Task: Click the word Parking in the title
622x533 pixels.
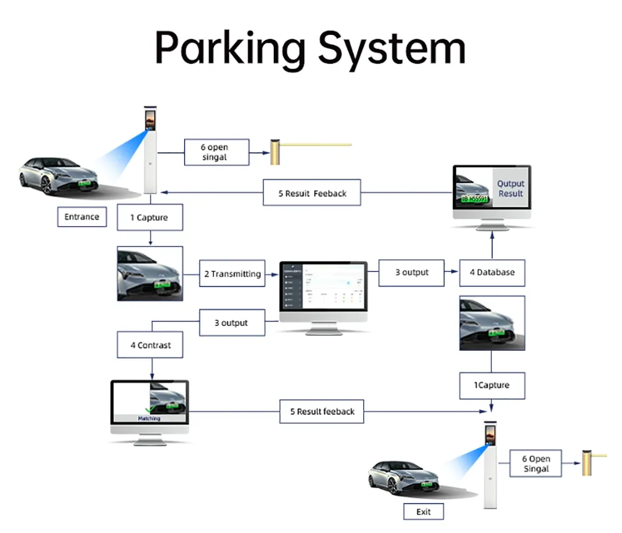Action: click(230, 49)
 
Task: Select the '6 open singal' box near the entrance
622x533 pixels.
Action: click(216, 152)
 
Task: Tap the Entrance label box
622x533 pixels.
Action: click(81, 217)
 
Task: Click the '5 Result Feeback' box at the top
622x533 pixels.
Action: click(312, 193)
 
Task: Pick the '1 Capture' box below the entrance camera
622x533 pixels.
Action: click(149, 218)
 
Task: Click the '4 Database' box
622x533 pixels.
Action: click(492, 272)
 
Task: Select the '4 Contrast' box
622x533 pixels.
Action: click(150, 345)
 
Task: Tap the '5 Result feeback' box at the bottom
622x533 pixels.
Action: click(322, 412)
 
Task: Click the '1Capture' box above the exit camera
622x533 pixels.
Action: click(492, 385)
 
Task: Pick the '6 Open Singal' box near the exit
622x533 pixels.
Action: click(536, 463)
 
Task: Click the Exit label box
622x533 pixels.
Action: click(423, 512)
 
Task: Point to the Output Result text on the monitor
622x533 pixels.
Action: click(511, 188)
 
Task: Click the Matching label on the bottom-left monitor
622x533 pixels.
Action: click(149, 419)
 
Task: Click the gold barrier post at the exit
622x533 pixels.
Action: click(586, 463)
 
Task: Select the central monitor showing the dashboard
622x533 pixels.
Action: click(323, 292)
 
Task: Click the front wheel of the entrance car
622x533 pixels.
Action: click(44, 185)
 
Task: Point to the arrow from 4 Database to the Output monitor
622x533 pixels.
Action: click(492, 246)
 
